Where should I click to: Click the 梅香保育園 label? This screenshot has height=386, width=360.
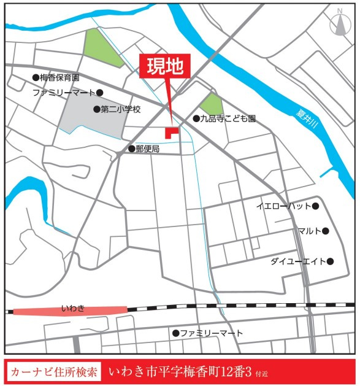[59, 78]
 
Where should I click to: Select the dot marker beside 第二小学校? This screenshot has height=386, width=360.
[96, 109]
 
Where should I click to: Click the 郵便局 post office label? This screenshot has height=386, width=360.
[147, 149]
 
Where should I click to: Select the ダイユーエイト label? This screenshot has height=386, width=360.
[298, 261]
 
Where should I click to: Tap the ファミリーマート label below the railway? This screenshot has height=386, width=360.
[212, 333]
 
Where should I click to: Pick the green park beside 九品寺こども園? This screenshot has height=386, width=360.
[212, 104]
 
